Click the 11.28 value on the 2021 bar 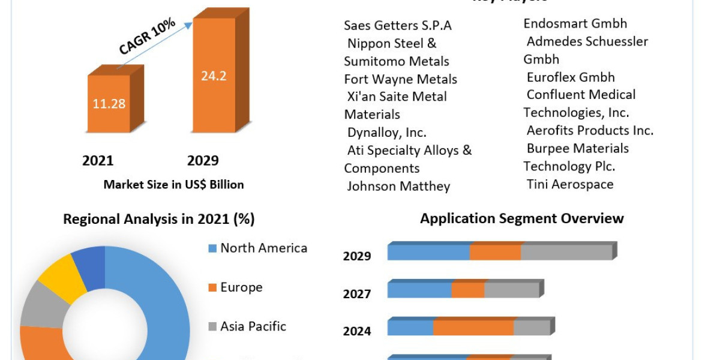[x=109, y=103]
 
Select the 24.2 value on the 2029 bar [x=213, y=76]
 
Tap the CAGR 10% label [x=147, y=37]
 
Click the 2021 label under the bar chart [x=98, y=161]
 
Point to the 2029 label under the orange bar [x=203, y=161]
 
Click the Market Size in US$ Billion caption [x=173, y=185]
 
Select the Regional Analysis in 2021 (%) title [x=159, y=220]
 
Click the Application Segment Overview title [x=521, y=218]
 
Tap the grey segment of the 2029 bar [x=566, y=253]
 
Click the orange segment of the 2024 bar [x=473, y=328]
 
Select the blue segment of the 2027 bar [x=419, y=290]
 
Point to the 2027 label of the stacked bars [x=357, y=294]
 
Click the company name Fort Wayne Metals [x=400, y=79]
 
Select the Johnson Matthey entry [x=398, y=186]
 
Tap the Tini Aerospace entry [x=570, y=184]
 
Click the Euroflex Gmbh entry [x=571, y=77]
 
